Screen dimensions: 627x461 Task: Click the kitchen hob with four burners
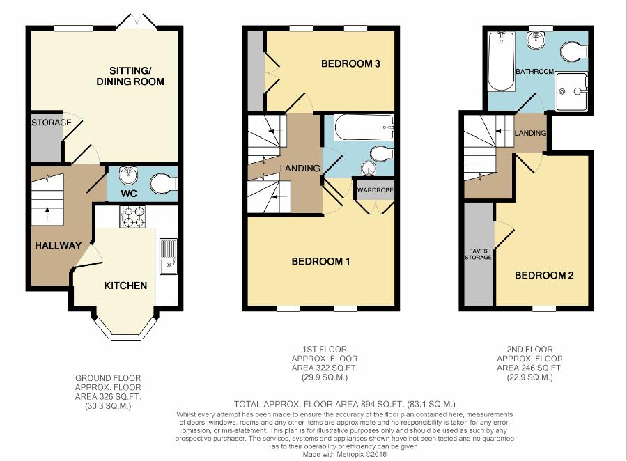132,217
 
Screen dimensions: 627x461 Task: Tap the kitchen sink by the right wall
169,256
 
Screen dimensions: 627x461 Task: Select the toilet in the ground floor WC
164,184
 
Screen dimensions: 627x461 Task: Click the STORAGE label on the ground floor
52,123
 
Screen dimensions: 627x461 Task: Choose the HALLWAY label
59,246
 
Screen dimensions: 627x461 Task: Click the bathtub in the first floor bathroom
364,127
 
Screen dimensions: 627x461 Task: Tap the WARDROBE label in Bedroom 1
375,190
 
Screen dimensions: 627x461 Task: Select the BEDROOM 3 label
350,63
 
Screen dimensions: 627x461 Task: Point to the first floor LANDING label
300,169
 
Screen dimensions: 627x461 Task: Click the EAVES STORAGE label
478,254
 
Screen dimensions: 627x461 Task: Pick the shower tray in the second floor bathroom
572,92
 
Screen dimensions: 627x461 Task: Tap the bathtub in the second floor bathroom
501,62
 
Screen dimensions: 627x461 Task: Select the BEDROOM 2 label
544,275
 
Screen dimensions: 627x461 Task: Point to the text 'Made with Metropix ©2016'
345,454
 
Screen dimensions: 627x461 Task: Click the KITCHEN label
125,286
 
